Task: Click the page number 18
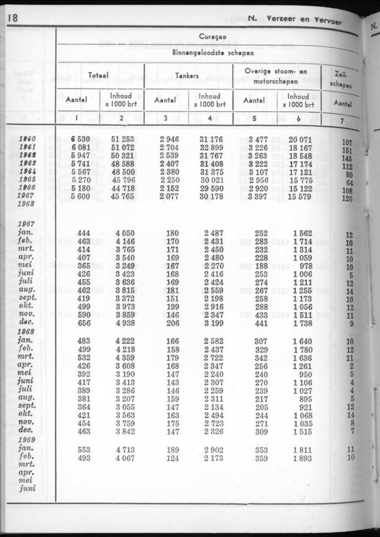tap(12, 18)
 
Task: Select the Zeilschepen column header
tap(343, 79)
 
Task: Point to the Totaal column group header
tap(99, 76)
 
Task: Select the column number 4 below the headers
tap(210, 118)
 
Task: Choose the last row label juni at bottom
tap(28, 488)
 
